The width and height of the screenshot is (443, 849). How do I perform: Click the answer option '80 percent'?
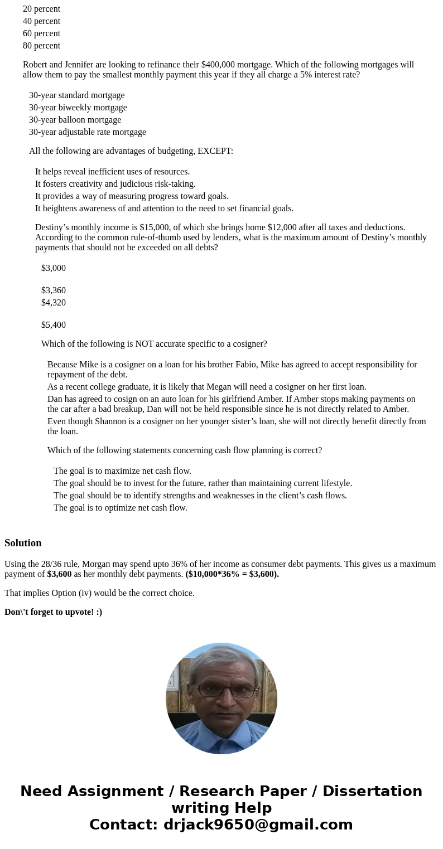[41, 46]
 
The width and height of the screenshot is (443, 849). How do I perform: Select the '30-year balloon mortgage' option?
[75, 120]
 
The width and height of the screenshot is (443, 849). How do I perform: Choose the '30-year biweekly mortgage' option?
[78, 108]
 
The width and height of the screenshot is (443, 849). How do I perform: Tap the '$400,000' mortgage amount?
[218, 65]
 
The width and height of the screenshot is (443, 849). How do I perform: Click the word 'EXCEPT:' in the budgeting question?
[215, 151]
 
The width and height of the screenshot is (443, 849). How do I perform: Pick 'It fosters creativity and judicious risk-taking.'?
[115, 184]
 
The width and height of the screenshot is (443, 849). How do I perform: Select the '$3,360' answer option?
[54, 290]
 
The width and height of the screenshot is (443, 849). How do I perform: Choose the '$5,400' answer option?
[54, 325]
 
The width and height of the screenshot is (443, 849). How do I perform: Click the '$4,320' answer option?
[54, 303]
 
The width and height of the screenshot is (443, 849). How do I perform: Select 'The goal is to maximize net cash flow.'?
[122, 471]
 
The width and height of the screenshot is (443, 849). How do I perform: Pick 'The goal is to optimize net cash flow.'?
[120, 508]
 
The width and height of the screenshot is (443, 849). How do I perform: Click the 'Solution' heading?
[23, 543]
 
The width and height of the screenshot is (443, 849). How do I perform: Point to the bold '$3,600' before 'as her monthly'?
[59, 574]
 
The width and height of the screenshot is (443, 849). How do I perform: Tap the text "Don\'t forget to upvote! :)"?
[53, 612]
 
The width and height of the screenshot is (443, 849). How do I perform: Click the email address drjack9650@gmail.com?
[258, 824]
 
